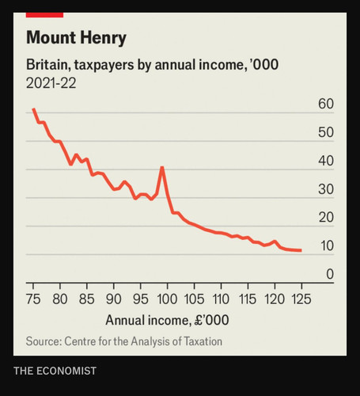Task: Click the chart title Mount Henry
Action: [x=76, y=38]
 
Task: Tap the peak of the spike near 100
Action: [x=162, y=167]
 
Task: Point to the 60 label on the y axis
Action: [x=326, y=104]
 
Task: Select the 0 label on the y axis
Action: [x=330, y=274]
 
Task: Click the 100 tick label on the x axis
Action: [x=167, y=299]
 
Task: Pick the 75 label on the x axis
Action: [x=33, y=299]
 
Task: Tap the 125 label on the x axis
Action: [x=301, y=299]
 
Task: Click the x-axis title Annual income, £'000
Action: [x=167, y=321]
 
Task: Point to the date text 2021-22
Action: [x=51, y=83]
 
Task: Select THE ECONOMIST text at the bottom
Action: [x=55, y=371]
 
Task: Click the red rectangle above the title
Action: [x=44, y=15]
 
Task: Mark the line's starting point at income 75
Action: [x=33, y=109]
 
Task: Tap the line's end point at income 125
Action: [x=301, y=250]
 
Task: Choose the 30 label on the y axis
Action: [x=326, y=189]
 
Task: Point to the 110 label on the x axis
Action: [x=221, y=299]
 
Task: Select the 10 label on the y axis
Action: [x=327, y=246]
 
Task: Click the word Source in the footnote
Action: [x=44, y=341]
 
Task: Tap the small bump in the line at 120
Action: [x=275, y=242]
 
